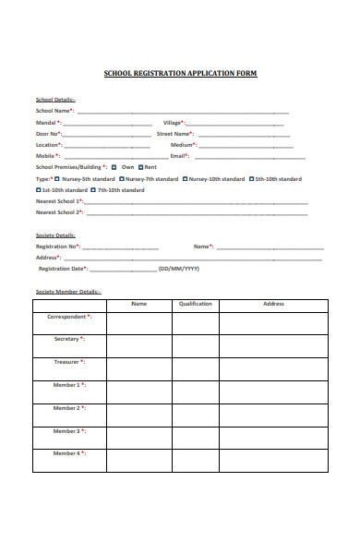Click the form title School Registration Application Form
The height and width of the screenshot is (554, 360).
click(x=180, y=73)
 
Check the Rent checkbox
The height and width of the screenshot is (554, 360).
click(x=141, y=167)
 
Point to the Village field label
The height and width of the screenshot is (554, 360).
click(x=174, y=123)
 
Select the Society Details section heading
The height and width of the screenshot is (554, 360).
click(x=55, y=235)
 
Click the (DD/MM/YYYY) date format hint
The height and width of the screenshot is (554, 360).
click(x=178, y=269)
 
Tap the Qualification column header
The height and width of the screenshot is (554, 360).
click(x=195, y=304)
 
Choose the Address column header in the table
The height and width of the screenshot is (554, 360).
click(x=273, y=304)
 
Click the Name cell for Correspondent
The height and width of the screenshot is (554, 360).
click(x=138, y=323)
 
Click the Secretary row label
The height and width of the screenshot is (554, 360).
click(x=69, y=339)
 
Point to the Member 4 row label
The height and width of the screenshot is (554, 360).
click(x=68, y=453)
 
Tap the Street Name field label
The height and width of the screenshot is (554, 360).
click(x=179, y=134)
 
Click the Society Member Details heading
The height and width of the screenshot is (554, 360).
click(x=68, y=291)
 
